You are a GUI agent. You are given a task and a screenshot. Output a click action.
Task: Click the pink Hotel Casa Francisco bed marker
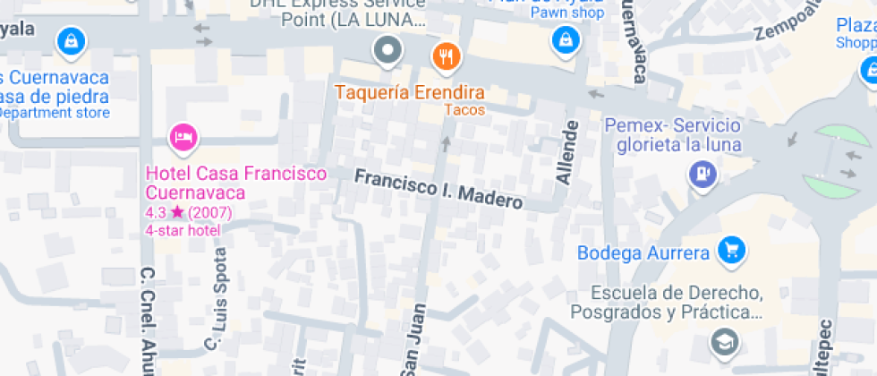[183, 137]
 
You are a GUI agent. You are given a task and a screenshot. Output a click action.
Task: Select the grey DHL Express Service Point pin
[387, 49]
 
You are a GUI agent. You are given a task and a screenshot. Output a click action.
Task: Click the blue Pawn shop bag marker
[565, 38]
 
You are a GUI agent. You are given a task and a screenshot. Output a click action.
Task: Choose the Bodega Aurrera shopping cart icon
[732, 250]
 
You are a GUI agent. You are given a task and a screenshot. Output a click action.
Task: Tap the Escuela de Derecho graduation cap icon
[721, 340]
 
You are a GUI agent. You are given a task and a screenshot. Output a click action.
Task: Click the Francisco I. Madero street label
[438, 188]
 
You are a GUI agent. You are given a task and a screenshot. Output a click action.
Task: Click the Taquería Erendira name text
[410, 92]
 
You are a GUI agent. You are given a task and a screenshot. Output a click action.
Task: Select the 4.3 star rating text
[188, 212]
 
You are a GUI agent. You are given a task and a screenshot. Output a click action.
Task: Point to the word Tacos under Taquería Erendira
[464, 110]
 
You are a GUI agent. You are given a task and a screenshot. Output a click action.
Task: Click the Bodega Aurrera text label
[643, 252]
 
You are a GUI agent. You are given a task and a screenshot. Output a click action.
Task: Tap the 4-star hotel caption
[183, 230]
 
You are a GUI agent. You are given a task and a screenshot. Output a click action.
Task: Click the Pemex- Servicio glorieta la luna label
[672, 136]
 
